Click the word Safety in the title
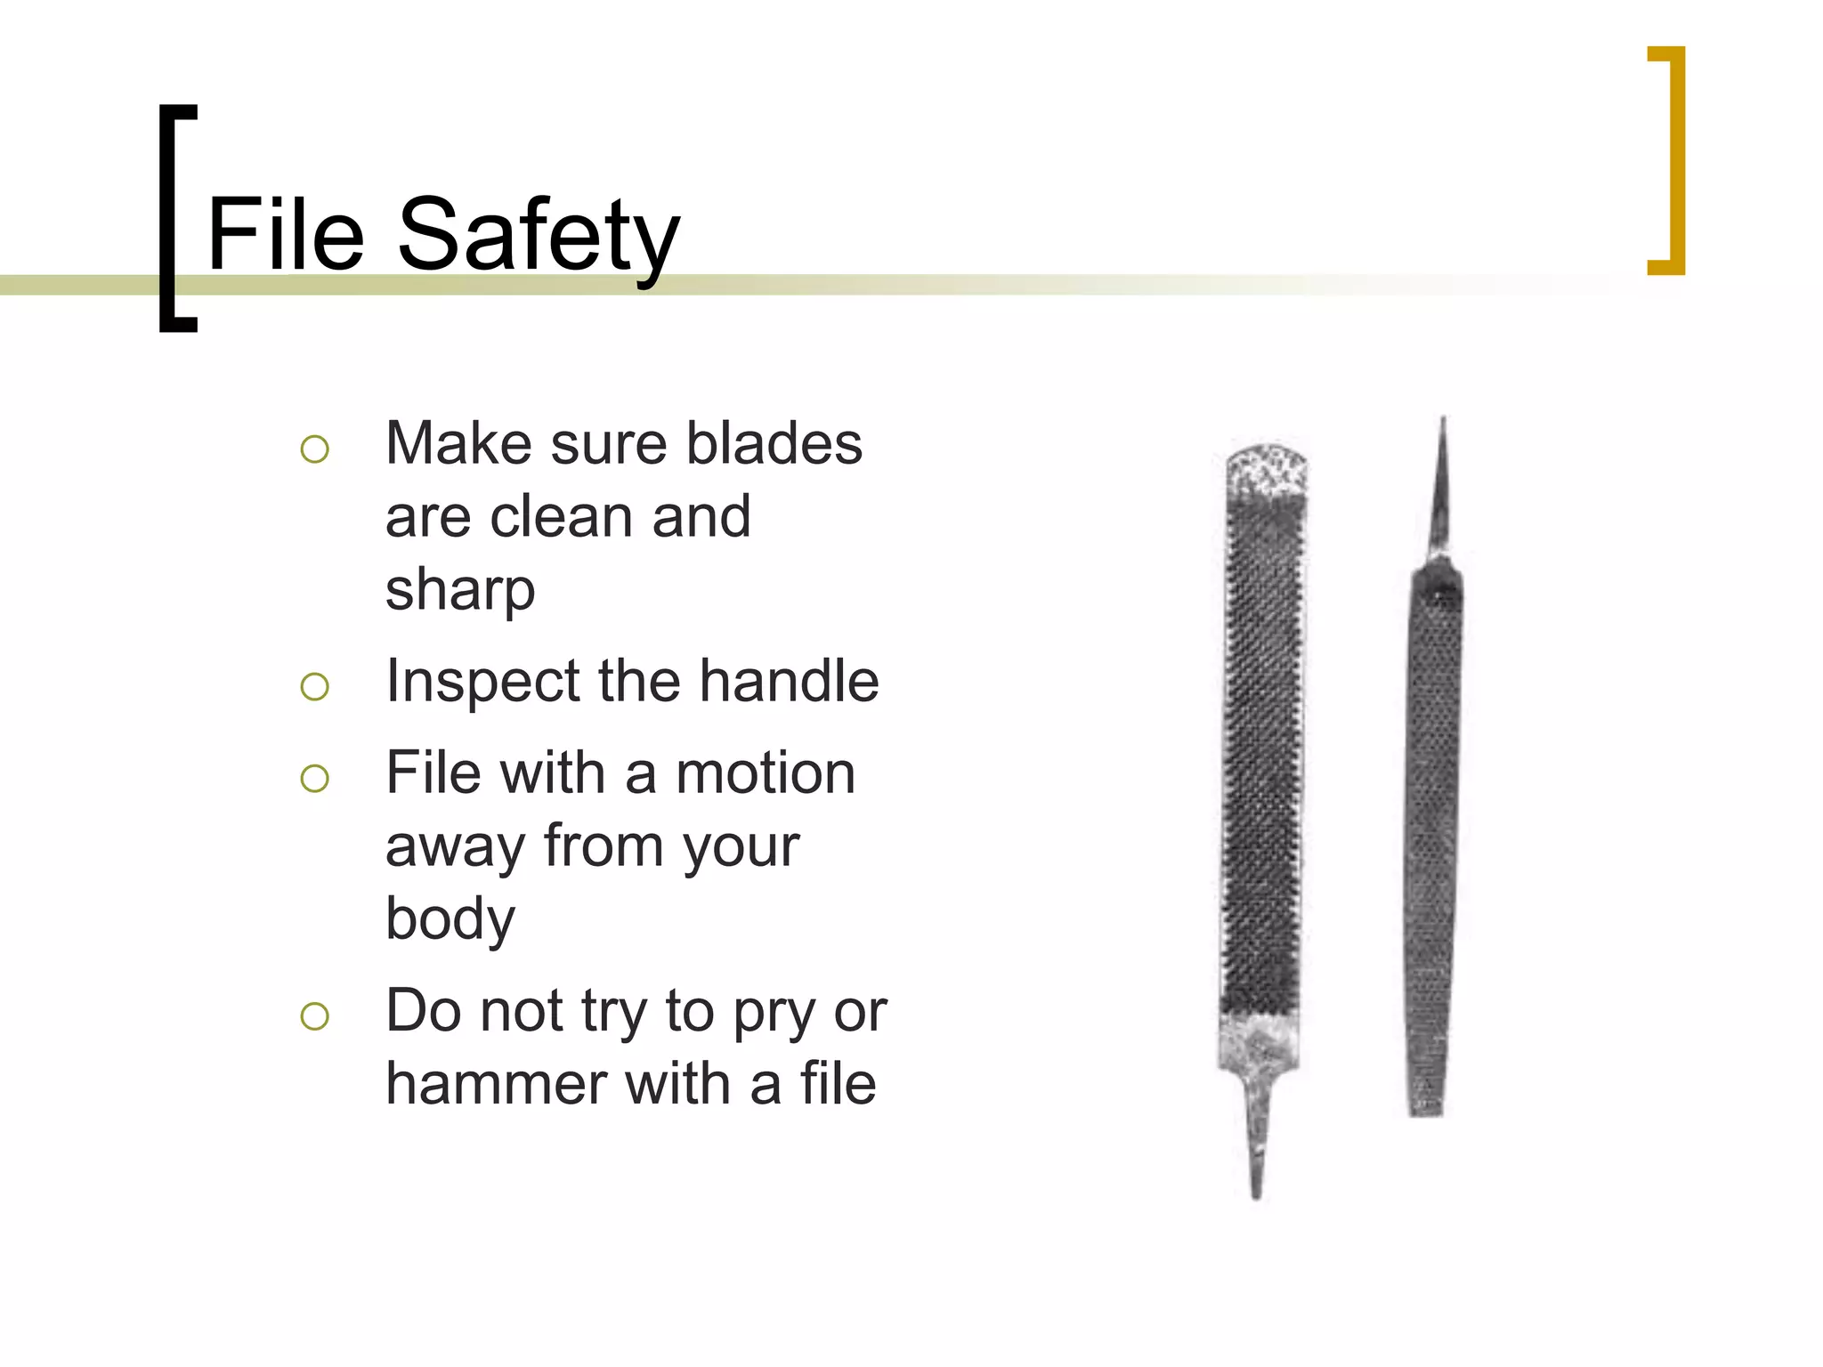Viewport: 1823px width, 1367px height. pos(539,237)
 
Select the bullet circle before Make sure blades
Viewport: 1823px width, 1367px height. pos(314,449)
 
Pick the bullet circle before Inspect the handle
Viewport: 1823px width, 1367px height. pos(314,686)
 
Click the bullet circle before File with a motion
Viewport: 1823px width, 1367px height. pos(314,778)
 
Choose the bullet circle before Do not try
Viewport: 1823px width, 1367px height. pos(314,1015)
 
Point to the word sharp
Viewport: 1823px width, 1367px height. pos(460,592)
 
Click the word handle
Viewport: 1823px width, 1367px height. pos(789,682)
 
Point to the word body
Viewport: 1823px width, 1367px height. pos(450,920)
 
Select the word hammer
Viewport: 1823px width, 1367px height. pos(497,1084)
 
